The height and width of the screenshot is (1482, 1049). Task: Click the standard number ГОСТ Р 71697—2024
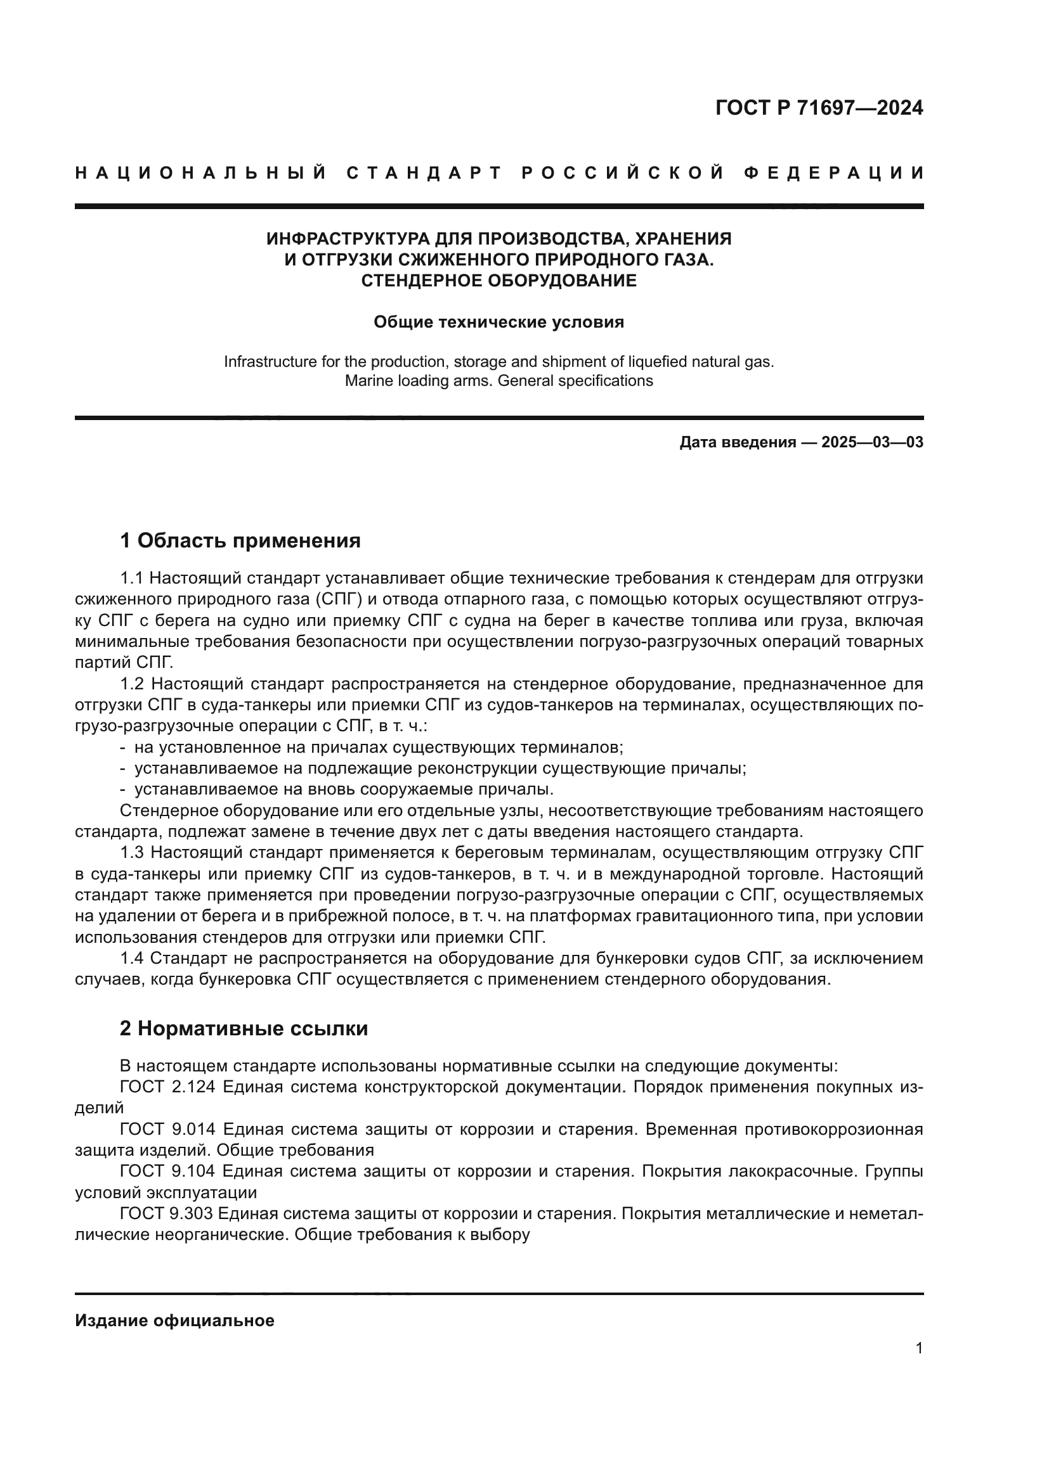[x=819, y=108]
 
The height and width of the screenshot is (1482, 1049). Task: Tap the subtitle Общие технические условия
[x=498, y=322]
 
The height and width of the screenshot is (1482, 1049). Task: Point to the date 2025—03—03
[x=872, y=442]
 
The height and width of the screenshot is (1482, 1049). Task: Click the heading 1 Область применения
[x=240, y=540]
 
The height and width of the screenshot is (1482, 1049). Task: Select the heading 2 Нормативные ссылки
[x=244, y=1028]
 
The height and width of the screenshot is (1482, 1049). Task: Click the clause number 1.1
[x=133, y=578]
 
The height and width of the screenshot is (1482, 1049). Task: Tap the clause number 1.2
[x=133, y=684]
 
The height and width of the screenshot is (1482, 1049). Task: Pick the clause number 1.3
[x=133, y=853]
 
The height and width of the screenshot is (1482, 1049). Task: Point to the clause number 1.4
[x=133, y=959]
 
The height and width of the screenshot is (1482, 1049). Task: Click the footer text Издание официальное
[x=174, y=1320]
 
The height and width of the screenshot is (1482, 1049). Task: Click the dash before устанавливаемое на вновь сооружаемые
[x=123, y=789]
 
